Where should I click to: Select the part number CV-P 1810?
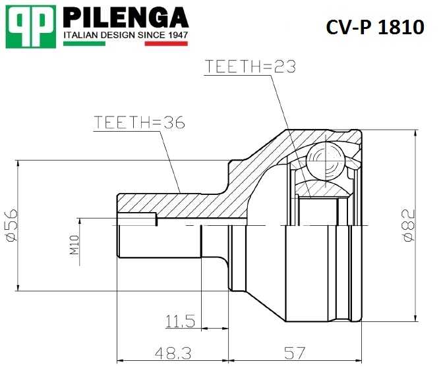click(374, 27)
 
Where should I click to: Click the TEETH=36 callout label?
click(138, 122)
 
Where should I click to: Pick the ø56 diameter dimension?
click(11, 225)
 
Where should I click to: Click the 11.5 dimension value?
click(180, 321)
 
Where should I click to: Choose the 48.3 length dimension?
click(173, 354)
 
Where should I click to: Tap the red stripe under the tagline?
click(166, 44)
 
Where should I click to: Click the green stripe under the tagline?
click(84, 44)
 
